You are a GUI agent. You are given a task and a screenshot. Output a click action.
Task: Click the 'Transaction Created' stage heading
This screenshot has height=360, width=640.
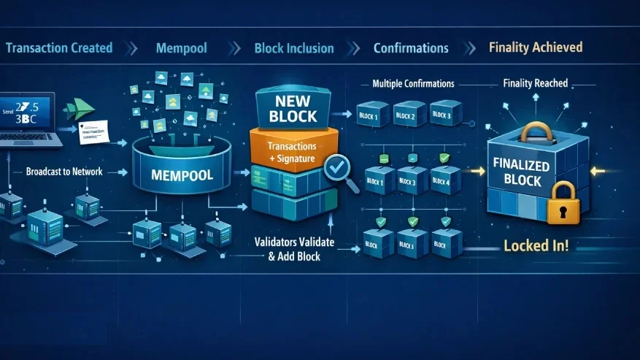point(59,48)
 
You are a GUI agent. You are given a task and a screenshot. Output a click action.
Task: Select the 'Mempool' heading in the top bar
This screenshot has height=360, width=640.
point(181,48)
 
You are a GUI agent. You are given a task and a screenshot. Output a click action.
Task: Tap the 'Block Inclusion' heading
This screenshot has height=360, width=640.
point(294,48)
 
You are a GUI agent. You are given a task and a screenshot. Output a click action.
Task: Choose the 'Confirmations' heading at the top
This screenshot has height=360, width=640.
point(411,48)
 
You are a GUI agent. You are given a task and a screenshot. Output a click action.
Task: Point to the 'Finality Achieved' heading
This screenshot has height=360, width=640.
point(535,47)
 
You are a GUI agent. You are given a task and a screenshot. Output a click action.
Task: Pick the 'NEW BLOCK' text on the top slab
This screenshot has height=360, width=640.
point(293,107)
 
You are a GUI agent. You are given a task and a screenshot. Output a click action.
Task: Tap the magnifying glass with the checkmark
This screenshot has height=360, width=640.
point(337,170)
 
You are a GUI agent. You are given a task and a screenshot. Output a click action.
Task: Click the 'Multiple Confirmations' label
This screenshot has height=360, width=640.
point(413,84)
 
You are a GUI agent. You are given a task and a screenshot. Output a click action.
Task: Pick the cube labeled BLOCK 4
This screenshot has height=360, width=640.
point(442,180)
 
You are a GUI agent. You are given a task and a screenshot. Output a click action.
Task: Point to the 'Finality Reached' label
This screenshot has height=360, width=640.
point(536,83)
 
